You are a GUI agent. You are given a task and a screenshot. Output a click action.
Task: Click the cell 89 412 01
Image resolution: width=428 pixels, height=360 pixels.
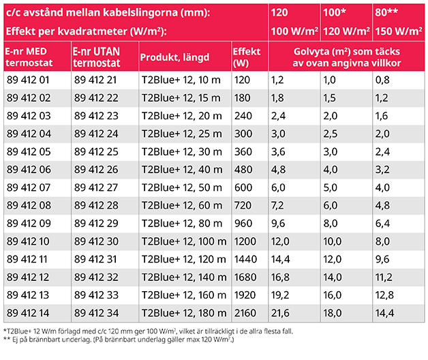[29, 80]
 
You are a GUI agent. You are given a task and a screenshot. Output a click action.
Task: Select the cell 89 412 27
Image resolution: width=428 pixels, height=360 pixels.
[97, 186]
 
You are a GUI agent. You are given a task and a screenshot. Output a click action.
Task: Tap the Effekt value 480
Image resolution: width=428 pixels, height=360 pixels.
[241, 168]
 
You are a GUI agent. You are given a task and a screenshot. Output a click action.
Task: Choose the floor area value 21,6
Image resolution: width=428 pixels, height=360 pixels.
[279, 312]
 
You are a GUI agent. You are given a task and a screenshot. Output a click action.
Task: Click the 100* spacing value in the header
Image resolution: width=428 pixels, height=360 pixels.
[334, 14]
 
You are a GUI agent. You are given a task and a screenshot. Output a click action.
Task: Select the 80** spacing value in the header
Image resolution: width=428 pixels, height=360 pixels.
[387, 14]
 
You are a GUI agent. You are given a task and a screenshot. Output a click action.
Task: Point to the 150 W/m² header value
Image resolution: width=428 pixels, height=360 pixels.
[398, 32]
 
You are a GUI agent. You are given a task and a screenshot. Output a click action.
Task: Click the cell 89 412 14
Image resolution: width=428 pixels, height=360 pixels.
[29, 312]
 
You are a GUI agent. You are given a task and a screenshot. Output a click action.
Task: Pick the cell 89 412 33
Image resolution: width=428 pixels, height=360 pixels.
[97, 294]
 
